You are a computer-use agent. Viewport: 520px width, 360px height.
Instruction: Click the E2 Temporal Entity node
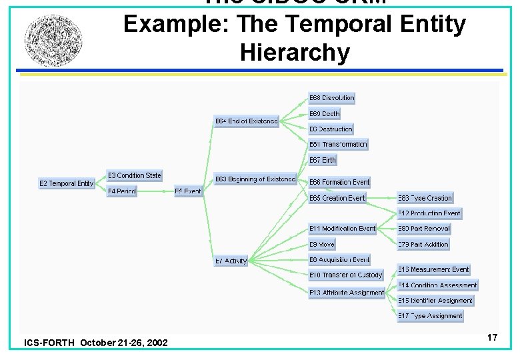click(67, 183)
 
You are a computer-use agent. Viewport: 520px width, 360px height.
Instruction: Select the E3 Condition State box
click(135, 175)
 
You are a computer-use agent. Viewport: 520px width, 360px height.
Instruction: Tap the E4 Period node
click(122, 191)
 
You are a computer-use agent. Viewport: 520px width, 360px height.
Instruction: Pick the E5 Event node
click(188, 191)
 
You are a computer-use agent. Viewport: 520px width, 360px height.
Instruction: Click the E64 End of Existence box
click(246, 121)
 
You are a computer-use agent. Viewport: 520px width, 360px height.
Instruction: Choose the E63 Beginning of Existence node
click(255, 179)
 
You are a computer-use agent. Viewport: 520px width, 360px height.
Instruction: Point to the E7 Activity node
click(231, 261)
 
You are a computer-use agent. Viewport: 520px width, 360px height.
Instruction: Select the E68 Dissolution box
click(331, 98)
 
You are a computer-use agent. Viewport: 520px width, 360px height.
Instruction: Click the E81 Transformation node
click(338, 144)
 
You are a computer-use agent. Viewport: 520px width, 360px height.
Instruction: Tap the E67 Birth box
click(323, 160)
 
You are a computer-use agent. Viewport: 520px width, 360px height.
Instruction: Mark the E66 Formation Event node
click(339, 182)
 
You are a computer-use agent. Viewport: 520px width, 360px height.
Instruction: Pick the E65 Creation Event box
click(337, 198)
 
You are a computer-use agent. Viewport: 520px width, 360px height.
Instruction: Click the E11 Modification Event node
click(342, 229)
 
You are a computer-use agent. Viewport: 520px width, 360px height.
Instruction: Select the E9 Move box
click(322, 245)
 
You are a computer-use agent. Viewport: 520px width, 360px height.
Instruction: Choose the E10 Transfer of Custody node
click(345, 275)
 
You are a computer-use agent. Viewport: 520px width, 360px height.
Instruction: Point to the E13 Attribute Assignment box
click(347, 293)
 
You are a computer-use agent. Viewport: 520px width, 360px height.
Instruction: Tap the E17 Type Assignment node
click(430, 316)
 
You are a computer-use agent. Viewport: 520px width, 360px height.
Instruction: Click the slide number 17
click(492, 338)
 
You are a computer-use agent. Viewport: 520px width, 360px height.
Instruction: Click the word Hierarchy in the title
click(294, 52)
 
